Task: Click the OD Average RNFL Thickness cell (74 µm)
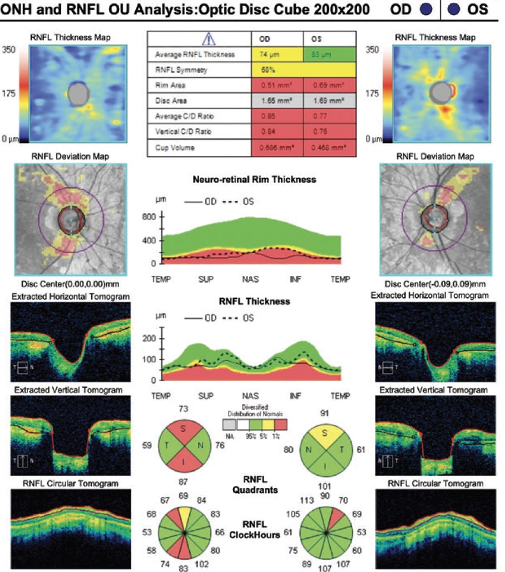point(276,55)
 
